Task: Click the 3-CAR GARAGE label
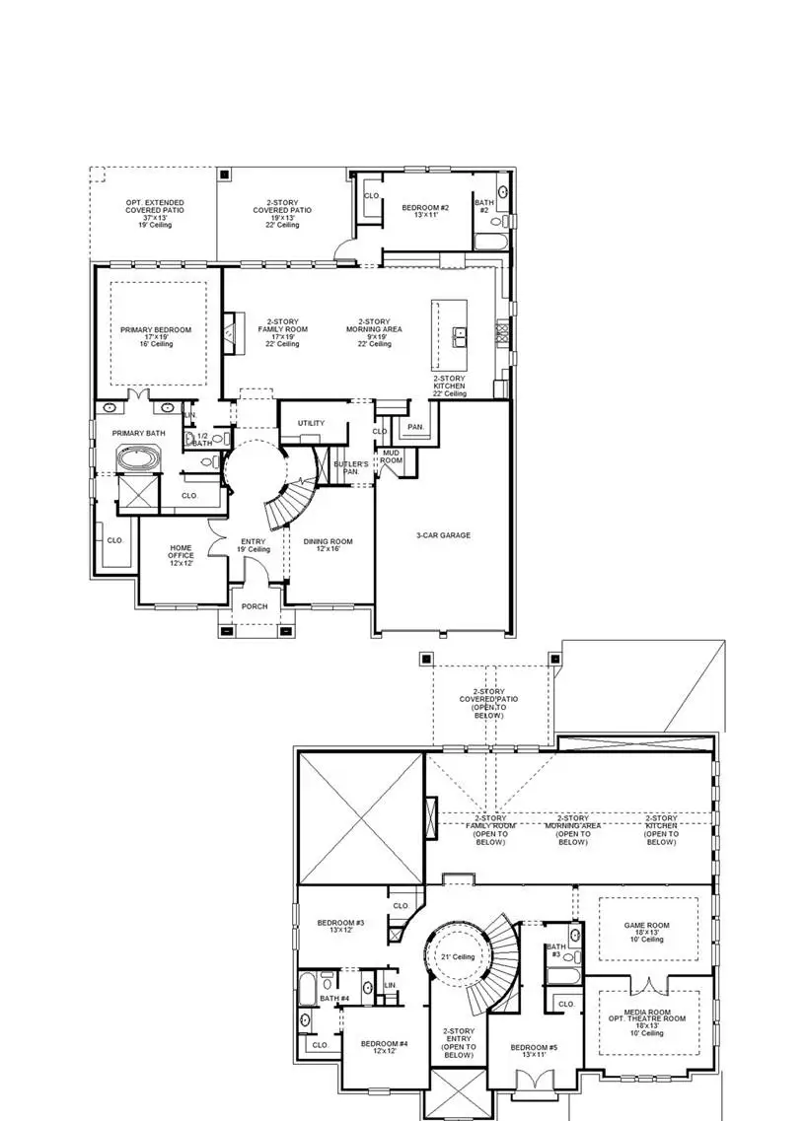[x=443, y=535]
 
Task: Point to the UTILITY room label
[x=311, y=423]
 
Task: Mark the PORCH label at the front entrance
[x=255, y=606]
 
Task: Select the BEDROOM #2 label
[x=425, y=208]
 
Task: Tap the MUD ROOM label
[x=392, y=456]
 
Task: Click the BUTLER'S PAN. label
[x=350, y=467]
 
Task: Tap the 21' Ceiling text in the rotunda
[x=458, y=956]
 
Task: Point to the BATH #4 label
[x=337, y=998]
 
